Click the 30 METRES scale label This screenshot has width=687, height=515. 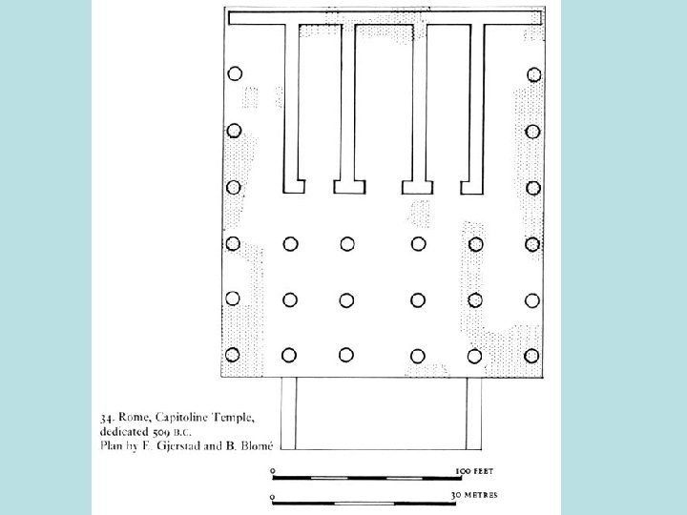point(474,497)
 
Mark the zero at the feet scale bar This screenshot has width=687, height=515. point(274,471)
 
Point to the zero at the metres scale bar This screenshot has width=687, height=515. point(274,497)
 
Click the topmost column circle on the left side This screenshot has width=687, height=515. point(234,72)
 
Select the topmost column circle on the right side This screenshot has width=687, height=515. point(533,73)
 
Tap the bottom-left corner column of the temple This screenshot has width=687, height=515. point(233,355)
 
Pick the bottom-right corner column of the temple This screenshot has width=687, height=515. point(533,355)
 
